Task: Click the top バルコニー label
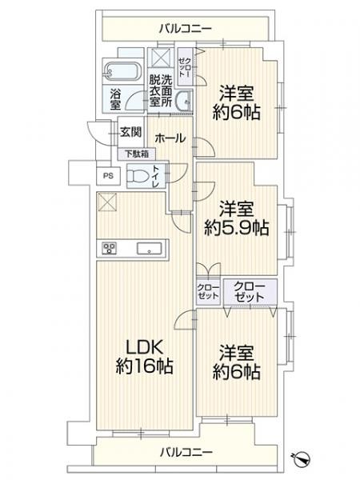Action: click(185, 29)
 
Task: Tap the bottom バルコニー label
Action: click(185, 453)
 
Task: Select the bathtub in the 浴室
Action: click(122, 71)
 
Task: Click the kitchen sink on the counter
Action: click(149, 248)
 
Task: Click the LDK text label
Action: click(144, 349)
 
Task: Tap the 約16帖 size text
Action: click(144, 368)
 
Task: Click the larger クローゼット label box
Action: click(251, 290)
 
